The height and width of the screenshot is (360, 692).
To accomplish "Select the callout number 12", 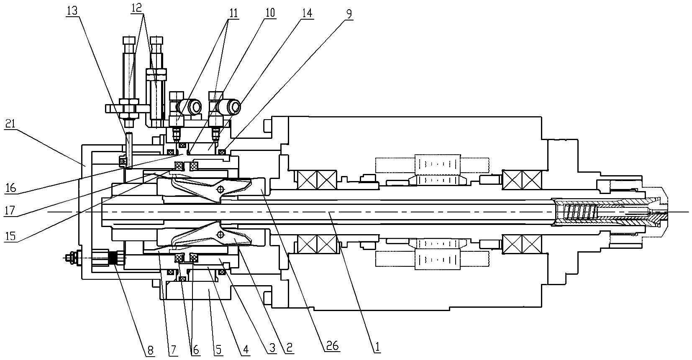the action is (x=136, y=8).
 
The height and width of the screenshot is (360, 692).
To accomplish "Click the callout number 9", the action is (x=349, y=14).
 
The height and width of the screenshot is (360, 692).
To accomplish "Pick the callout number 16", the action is (x=11, y=187).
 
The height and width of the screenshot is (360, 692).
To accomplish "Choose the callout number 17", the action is (x=10, y=211).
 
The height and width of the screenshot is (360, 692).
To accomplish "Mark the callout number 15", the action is (x=10, y=236).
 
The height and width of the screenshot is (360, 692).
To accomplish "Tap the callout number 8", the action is (x=151, y=350).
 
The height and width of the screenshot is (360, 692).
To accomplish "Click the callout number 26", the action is (x=332, y=345).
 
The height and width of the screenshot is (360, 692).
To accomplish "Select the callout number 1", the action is (x=377, y=347).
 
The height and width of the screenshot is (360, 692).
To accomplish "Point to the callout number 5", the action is (x=218, y=350).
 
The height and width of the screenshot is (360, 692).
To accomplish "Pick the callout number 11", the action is (x=233, y=13).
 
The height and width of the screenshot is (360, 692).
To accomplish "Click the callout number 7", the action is (x=172, y=350).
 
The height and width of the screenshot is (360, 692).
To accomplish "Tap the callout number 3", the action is (x=272, y=348).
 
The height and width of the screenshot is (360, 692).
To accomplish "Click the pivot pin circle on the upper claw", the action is (x=220, y=189).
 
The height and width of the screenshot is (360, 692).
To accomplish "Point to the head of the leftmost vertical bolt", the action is (x=129, y=41).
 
